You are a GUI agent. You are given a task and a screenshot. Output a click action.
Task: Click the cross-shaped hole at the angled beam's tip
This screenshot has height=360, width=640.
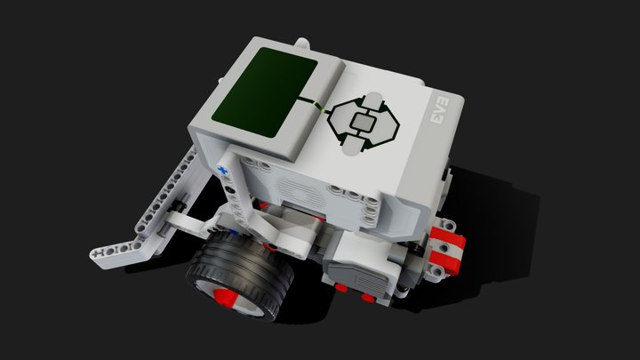pyautogui.click(x=96, y=253)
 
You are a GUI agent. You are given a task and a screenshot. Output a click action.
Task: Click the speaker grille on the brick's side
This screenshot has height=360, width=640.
pyautogui.click(x=299, y=188)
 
